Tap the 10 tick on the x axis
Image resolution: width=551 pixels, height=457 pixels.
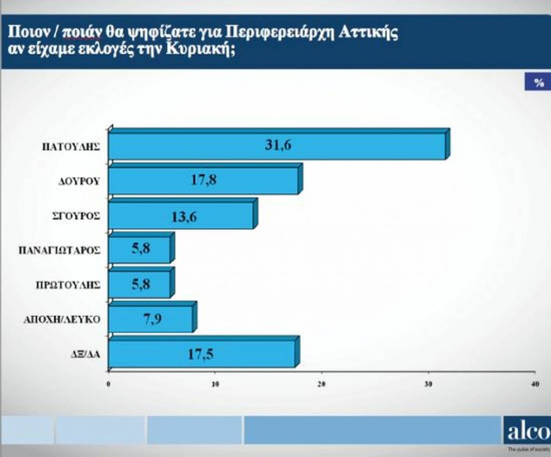click(x=215, y=383)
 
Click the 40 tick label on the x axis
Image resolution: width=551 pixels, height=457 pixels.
click(x=534, y=383)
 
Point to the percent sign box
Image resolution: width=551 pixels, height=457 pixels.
click(x=538, y=83)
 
